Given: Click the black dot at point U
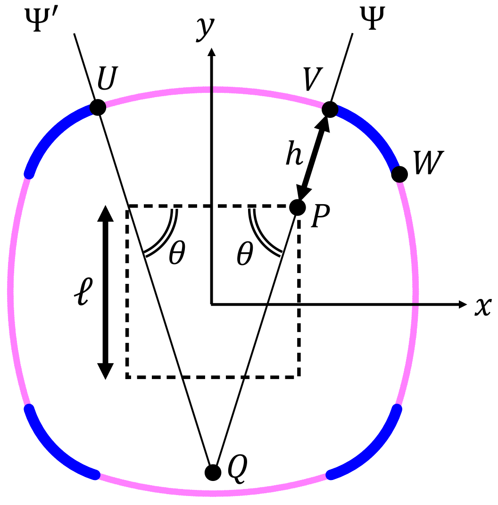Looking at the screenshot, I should click(98, 107).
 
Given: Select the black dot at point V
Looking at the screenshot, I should click(330, 110).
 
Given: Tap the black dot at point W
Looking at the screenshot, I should click(399, 174).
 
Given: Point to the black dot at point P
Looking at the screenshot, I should click(298, 207).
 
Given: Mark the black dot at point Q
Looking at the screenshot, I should click(213, 472).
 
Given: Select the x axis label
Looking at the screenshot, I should click(482, 306).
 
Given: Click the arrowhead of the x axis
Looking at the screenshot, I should click(463, 305).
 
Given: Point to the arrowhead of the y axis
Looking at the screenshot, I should click(212, 52).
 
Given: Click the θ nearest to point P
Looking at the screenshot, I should click(244, 255).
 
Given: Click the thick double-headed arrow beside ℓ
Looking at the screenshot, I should click(105, 292).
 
